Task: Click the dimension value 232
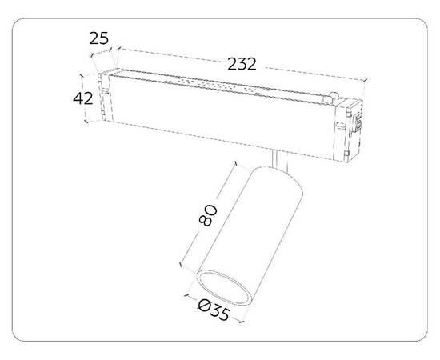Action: (x=242, y=64)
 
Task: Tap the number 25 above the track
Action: (x=98, y=38)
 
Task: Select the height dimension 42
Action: (x=82, y=98)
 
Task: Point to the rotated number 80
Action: (x=208, y=215)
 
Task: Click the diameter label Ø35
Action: (x=214, y=310)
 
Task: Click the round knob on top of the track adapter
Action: (x=334, y=96)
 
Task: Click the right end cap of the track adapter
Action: (x=348, y=130)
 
